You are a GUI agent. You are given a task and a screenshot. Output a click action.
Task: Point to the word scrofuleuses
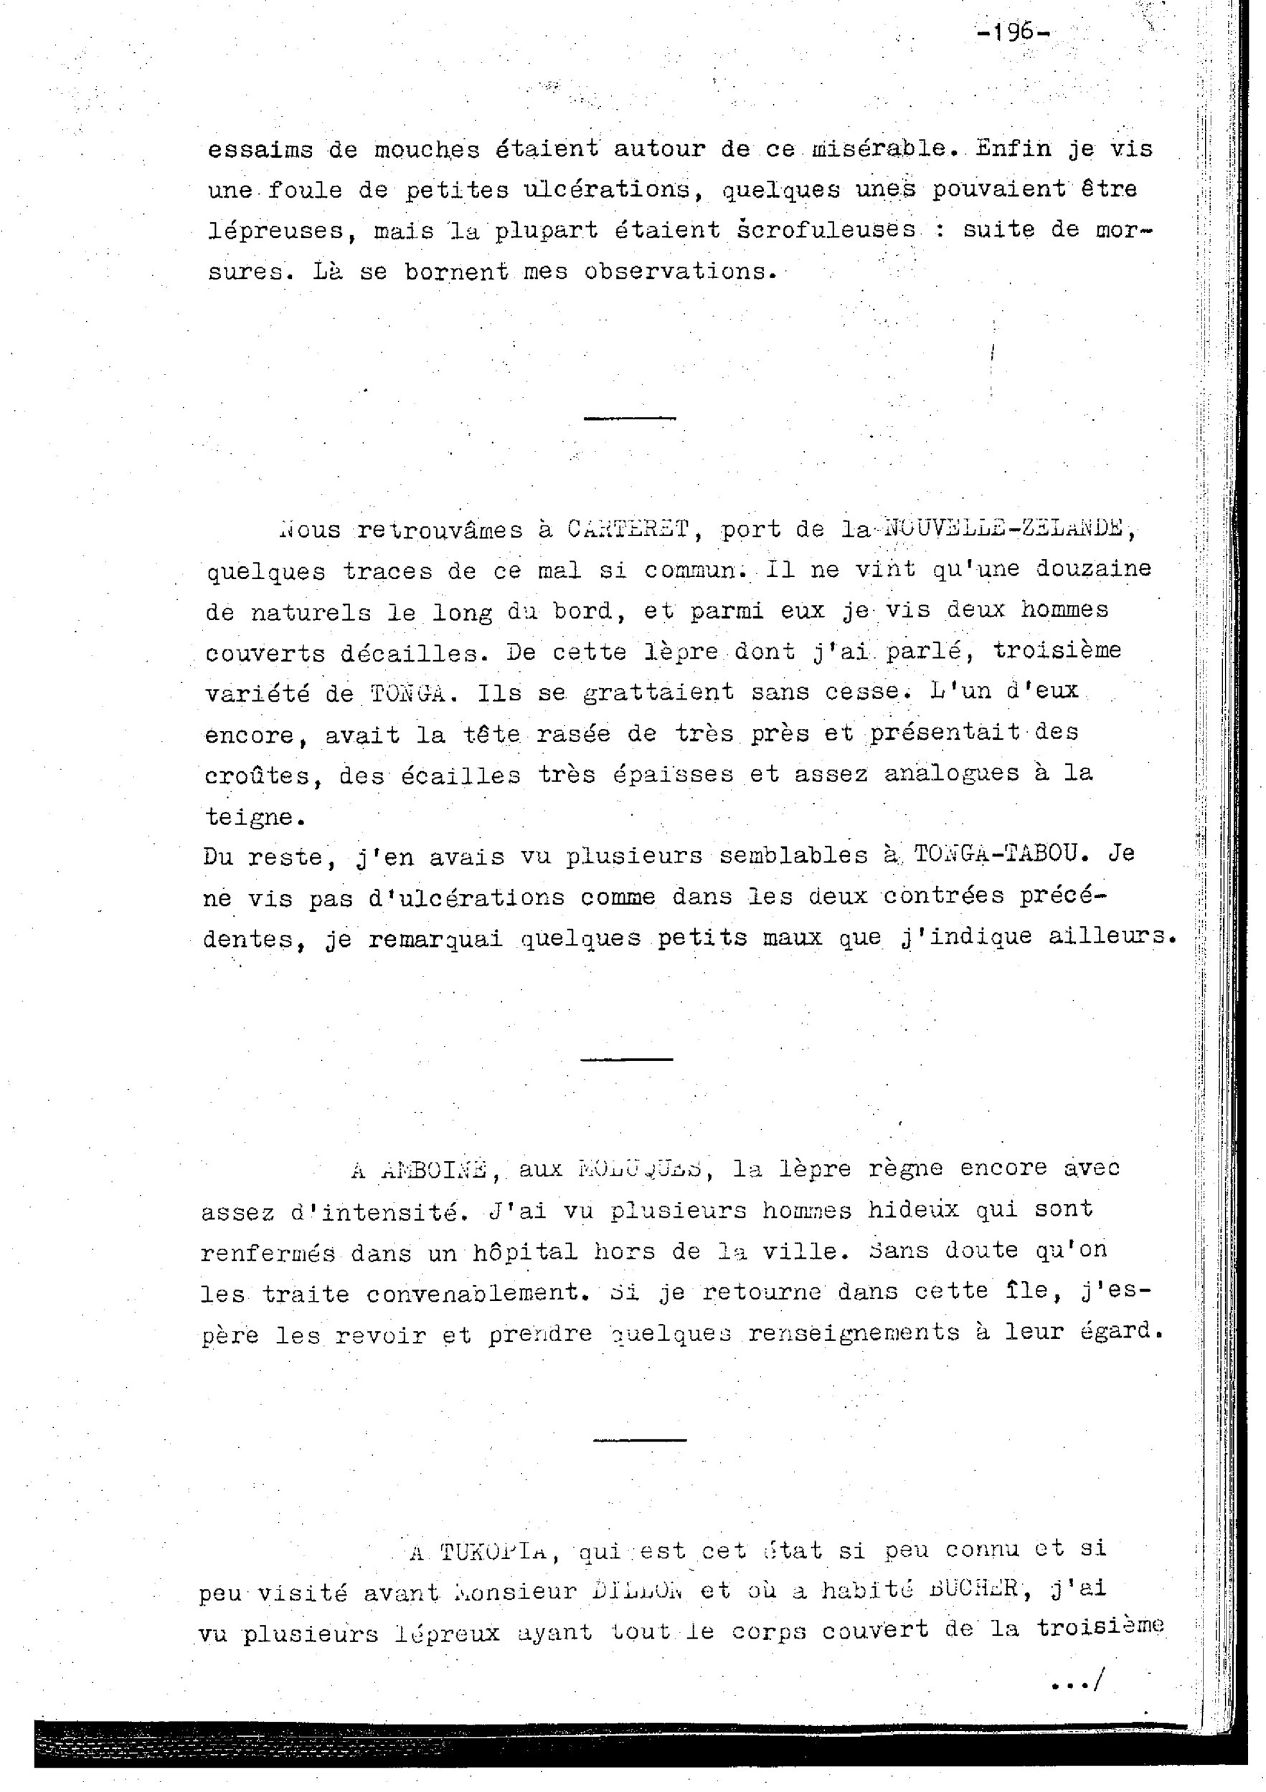click(827, 230)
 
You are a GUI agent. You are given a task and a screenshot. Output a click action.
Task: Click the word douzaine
click(1092, 568)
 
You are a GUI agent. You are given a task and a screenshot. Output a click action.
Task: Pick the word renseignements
click(853, 1333)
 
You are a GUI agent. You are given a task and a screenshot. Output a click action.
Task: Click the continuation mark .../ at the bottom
click(1074, 1683)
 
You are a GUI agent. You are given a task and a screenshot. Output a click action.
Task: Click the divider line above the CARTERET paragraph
click(630, 419)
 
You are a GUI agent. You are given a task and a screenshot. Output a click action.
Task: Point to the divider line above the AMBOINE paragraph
click(626, 1059)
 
